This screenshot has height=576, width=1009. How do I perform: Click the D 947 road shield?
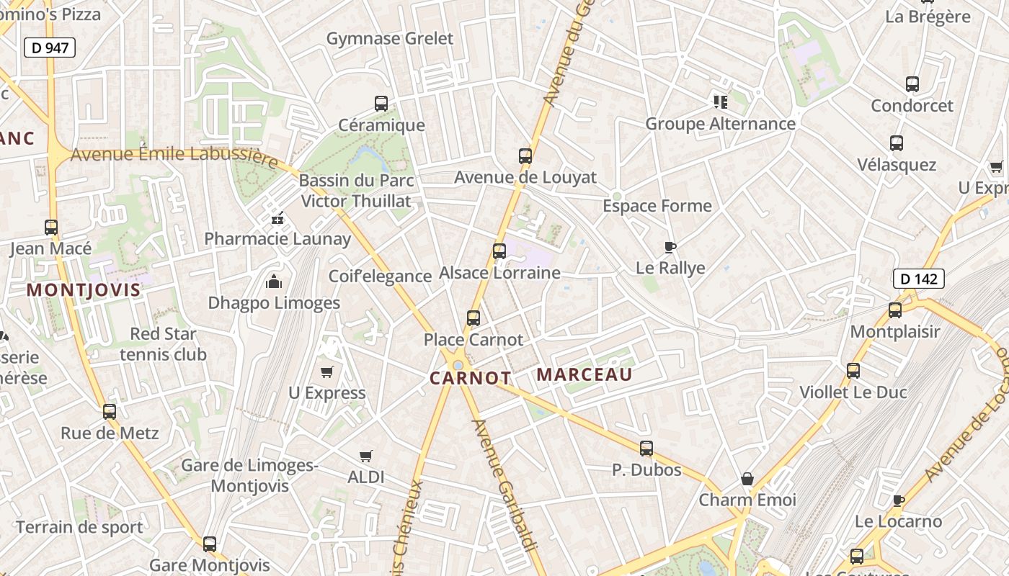(x=50, y=48)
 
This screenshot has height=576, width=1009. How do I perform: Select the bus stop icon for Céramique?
(x=381, y=104)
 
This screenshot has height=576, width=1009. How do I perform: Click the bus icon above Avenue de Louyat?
(x=525, y=156)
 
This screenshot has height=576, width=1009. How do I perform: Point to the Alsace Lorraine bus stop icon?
(x=499, y=251)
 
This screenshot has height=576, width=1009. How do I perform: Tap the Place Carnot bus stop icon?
(x=474, y=318)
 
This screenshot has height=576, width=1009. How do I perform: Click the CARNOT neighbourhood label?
(x=471, y=378)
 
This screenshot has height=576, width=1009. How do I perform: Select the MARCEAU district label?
(x=584, y=374)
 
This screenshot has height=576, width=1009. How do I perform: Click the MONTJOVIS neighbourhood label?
(x=84, y=290)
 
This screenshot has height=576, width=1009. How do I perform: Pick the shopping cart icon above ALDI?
(x=366, y=456)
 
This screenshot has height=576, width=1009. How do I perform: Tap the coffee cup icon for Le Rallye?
(x=670, y=248)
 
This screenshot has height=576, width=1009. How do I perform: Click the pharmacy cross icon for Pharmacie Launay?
(x=277, y=219)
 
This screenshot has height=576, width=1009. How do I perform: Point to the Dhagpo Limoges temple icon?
(x=274, y=282)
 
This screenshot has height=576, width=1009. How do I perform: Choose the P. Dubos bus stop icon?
(x=646, y=449)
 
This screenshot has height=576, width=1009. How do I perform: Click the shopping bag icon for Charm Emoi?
(x=747, y=479)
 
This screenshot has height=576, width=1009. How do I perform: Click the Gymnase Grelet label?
(x=390, y=39)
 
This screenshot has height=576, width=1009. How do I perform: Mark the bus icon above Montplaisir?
(x=895, y=310)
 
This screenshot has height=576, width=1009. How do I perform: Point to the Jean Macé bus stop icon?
(x=51, y=228)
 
